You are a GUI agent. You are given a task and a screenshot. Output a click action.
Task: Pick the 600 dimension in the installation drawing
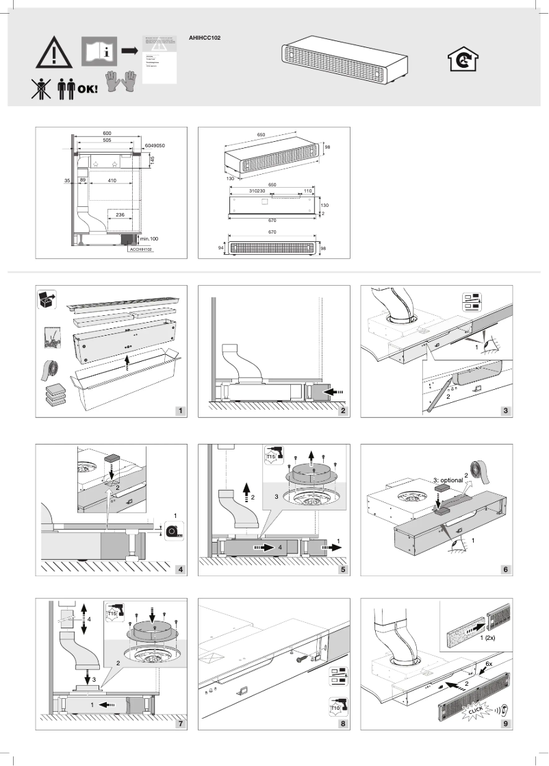[x=107, y=132]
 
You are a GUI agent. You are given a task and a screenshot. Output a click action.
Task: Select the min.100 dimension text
[x=149, y=238]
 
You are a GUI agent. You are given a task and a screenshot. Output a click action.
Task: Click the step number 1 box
[x=180, y=411]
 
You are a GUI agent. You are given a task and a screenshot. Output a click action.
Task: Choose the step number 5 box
[x=342, y=569]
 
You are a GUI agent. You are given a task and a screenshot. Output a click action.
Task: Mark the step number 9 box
[x=505, y=726]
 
